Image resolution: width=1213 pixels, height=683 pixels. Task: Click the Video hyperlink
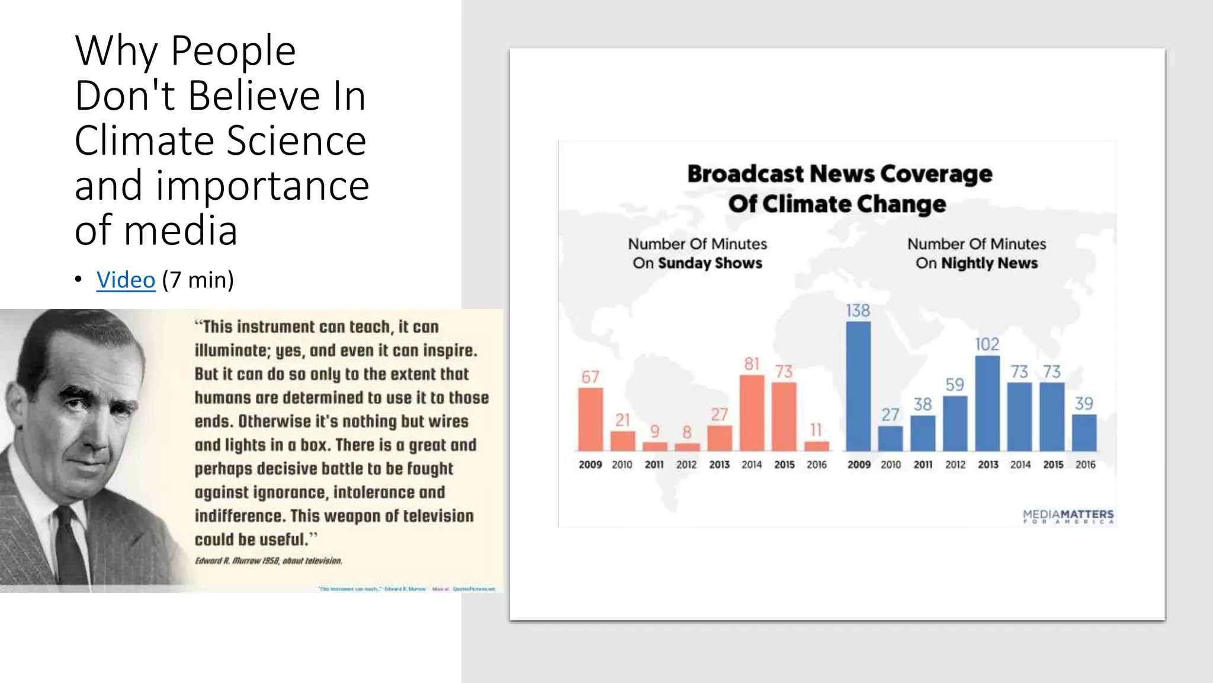(x=126, y=280)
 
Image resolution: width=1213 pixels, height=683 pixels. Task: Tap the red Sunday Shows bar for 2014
(x=752, y=413)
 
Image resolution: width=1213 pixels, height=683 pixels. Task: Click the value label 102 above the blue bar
(x=987, y=344)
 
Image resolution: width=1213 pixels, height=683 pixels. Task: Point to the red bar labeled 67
(x=591, y=419)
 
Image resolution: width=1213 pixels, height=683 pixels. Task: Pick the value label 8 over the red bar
(x=687, y=432)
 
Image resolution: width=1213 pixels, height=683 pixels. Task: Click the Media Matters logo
(x=1068, y=516)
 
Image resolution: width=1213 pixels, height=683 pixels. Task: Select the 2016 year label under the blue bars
(x=1085, y=465)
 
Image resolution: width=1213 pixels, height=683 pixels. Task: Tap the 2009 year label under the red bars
(x=590, y=465)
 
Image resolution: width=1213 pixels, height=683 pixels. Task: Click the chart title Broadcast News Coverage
(x=839, y=174)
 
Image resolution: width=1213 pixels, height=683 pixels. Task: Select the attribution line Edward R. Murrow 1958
(x=268, y=561)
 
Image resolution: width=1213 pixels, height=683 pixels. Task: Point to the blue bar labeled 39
(x=1084, y=433)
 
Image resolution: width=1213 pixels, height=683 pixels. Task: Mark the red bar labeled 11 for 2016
(x=816, y=446)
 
